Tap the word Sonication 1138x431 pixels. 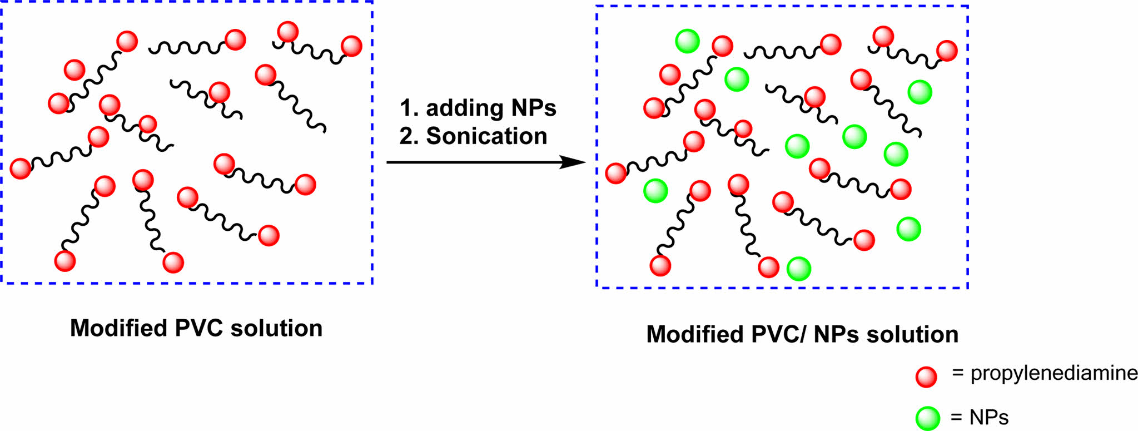coord(486,136)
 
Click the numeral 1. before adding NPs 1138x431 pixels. coord(409,108)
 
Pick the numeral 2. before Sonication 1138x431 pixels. coord(409,136)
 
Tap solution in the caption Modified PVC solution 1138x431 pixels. coord(276,329)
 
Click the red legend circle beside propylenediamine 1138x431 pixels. coord(927,376)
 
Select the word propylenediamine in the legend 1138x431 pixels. coord(1054,374)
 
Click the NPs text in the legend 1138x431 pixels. coord(990,417)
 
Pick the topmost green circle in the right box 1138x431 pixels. coord(687,41)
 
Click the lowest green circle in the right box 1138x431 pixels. coord(799,269)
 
